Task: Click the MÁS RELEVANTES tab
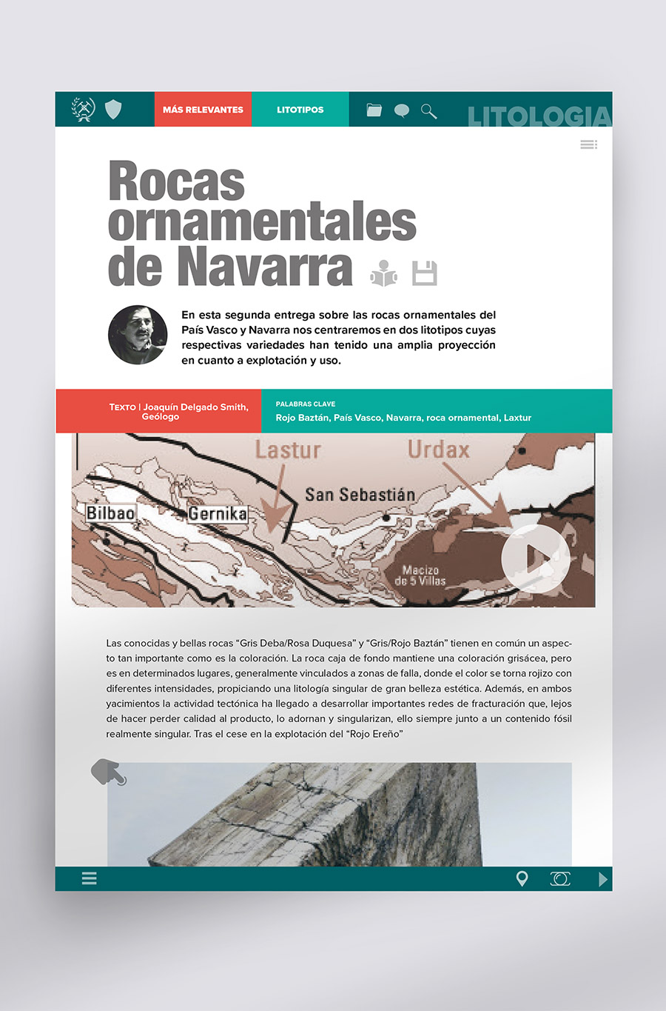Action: click(x=203, y=110)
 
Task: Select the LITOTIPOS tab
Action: click(x=300, y=110)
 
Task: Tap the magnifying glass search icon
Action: click(x=428, y=111)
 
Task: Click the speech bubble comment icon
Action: click(x=401, y=111)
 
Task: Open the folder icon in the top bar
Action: click(x=374, y=110)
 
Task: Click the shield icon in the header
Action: click(x=113, y=110)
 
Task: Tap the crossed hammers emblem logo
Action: click(x=83, y=110)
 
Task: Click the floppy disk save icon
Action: click(x=425, y=273)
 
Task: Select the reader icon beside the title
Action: click(x=383, y=273)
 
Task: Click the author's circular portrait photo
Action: click(x=138, y=335)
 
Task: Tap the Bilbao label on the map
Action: click(x=110, y=513)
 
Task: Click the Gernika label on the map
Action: click(x=218, y=513)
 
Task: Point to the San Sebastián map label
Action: click(x=360, y=494)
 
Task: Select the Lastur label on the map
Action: click(x=288, y=450)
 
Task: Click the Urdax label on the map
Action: click(x=439, y=449)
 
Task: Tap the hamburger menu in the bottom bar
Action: click(x=90, y=878)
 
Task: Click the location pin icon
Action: click(x=522, y=878)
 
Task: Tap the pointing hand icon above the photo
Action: click(x=108, y=772)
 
